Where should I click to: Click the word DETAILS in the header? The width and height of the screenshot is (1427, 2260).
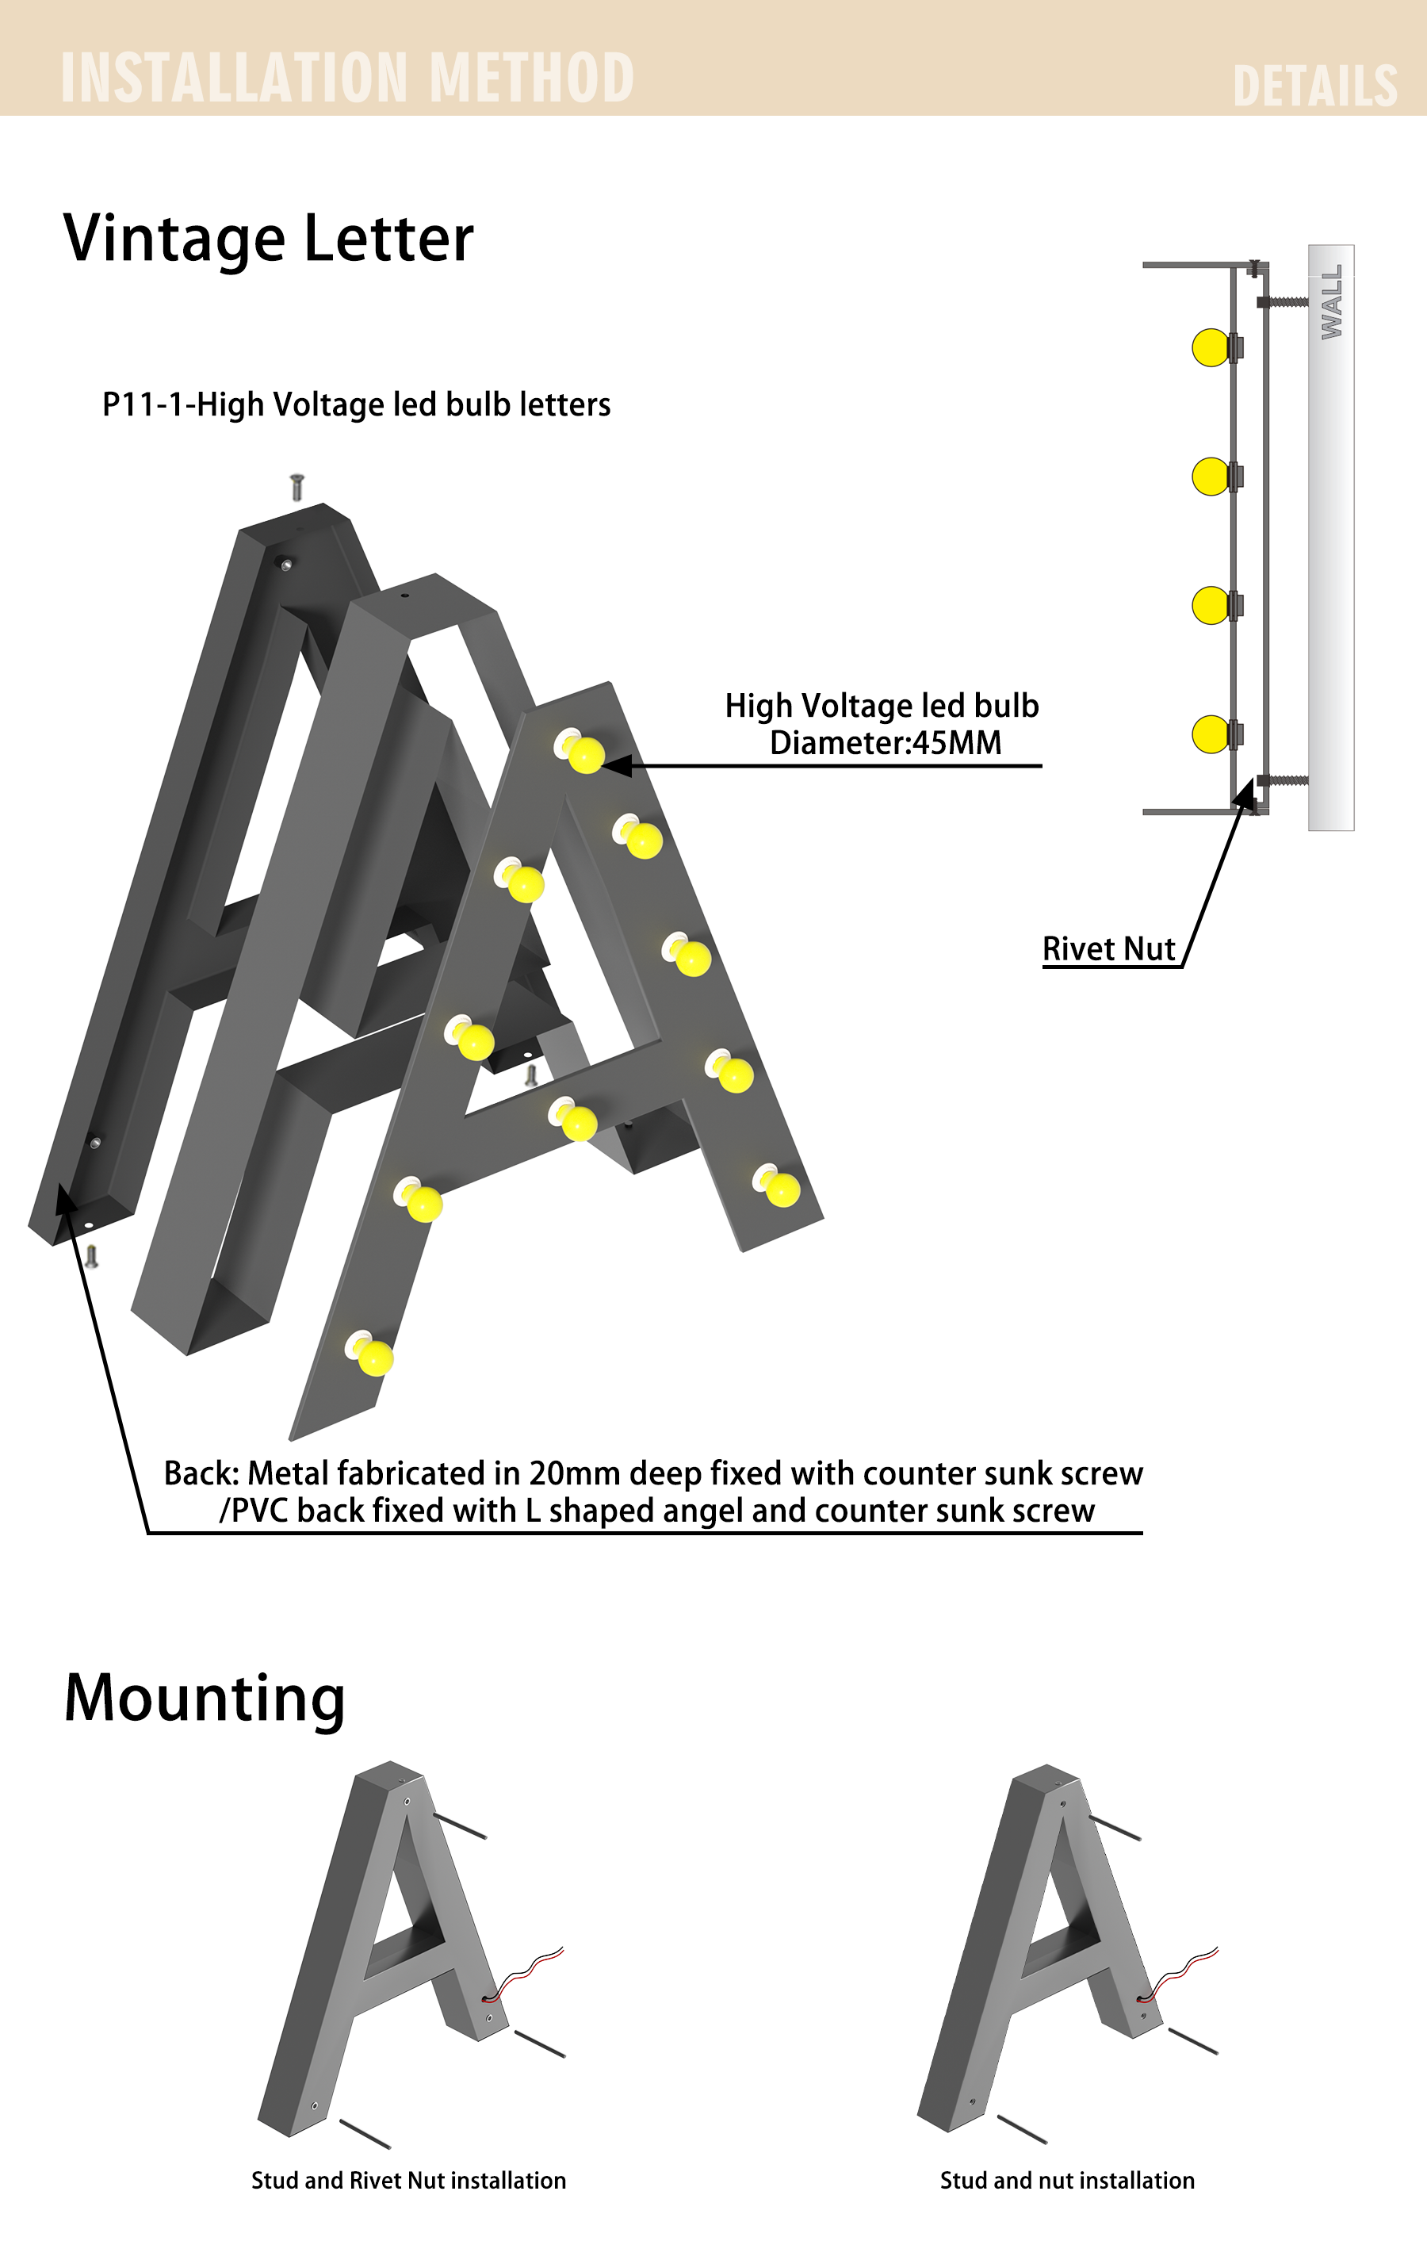tap(1314, 86)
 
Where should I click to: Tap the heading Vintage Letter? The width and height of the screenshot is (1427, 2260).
tap(268, 239)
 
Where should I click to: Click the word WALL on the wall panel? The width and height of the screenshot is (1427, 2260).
tap(1331, 301)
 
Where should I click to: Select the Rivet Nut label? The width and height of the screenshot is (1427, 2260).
tap(1109, 949)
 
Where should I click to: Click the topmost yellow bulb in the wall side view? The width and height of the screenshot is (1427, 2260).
tap(1211, 347)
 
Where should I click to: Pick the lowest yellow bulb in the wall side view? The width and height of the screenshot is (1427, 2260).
tap(1211, 734)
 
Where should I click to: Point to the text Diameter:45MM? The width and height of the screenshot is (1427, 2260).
tap(886, 742)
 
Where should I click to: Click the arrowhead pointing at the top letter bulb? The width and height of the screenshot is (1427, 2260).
tap(617, 766)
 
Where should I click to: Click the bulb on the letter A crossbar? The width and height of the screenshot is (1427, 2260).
tap(573, 1119)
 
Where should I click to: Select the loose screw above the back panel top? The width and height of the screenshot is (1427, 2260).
tap(297, 487)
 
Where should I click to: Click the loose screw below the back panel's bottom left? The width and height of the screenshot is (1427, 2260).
tap(91, 1256)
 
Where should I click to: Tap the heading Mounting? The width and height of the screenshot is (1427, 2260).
tap(205, 1699)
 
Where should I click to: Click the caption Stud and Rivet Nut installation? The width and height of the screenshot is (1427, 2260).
tap(408, 2180)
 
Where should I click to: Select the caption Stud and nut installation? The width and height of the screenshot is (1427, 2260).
tap(1068, 2180)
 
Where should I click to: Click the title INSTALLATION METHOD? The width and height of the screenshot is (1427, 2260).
tap(347, 77)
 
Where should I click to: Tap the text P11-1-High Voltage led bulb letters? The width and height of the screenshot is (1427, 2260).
tap(357, 404)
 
